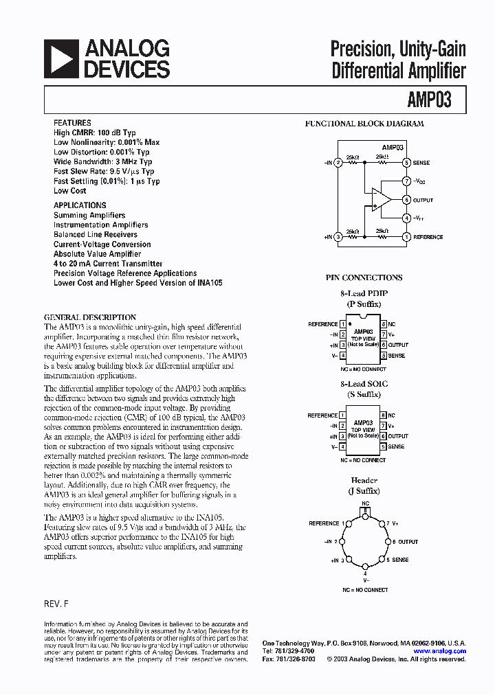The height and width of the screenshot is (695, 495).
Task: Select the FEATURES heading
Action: pos(72,123)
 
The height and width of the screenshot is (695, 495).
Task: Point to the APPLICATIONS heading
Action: pos(80,205)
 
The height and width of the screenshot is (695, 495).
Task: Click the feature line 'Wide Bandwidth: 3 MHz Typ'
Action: pos(102,162)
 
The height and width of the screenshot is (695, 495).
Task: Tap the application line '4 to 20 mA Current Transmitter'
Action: pos(108,264)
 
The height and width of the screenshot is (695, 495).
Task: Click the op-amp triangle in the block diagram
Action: pos(380,199)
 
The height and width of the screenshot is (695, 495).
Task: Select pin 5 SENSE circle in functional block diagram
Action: pos(406,163)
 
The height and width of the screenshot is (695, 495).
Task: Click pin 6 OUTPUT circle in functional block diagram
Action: pos(406,200)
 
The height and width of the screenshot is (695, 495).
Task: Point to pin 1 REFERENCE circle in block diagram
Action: pos(406,237)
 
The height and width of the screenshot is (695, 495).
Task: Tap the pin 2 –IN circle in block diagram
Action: pos(338,163)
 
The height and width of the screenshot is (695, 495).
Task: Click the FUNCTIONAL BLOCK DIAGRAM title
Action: pos(364,124)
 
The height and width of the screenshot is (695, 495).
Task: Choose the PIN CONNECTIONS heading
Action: pos(364,278)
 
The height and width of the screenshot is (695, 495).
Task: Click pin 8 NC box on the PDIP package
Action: pos(383,324)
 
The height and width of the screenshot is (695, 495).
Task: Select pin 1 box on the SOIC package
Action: pos(342,415)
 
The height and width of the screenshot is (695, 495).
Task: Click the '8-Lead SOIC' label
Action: pos(363,385)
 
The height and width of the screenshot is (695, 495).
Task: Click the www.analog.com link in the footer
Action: pos(440,651)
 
